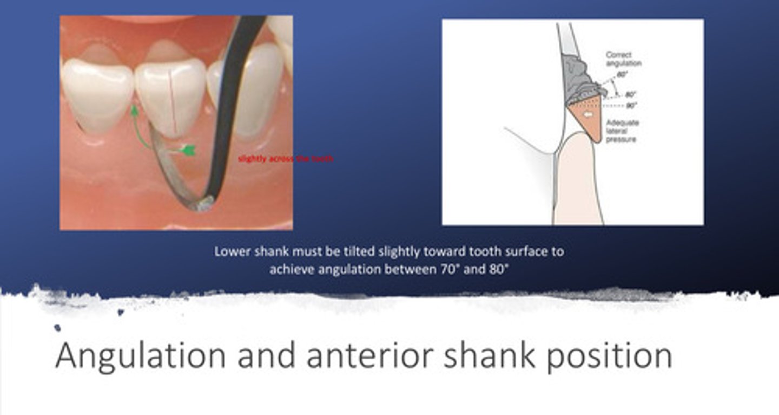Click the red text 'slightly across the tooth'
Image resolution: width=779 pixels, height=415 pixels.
point(286,159)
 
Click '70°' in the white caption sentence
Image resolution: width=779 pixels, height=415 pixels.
point(445,269)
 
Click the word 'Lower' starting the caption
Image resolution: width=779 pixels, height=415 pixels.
point(229,252)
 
